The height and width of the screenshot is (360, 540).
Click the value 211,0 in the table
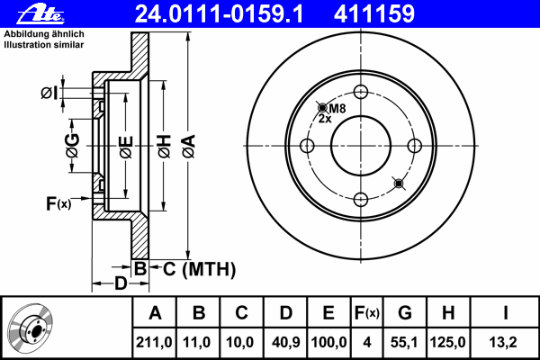(155, 342)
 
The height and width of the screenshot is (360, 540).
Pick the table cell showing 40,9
(285, 342)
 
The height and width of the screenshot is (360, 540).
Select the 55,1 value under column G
(404, 342)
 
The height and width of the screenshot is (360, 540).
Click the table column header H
(447, 313)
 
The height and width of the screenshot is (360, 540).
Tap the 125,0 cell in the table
(447, 342)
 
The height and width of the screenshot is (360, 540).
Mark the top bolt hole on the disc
(361, 92)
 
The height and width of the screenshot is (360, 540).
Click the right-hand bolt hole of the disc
(415, 146)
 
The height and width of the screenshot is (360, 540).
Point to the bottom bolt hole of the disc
(361, 200)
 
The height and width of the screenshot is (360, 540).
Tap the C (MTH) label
(198, 268)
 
